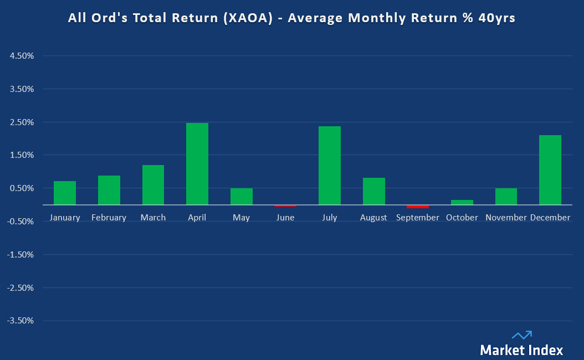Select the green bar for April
tap(197, 164)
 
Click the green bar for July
tap(329, 166)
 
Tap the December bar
tap(550, 170)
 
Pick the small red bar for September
tap(417, 206)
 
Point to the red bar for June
tap(285, 205)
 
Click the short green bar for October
tap(462, 202)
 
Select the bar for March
tap(153, 185)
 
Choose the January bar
tap(65, 193)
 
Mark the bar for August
tap(373, 191)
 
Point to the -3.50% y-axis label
tap(21, 321)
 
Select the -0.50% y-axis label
tap(21, 222)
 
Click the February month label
tap(109, 218)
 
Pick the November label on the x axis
tap(506, 218)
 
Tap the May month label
tap(241, 218)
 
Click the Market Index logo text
tap(521, 349)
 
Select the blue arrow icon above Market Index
tap(522, 335)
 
